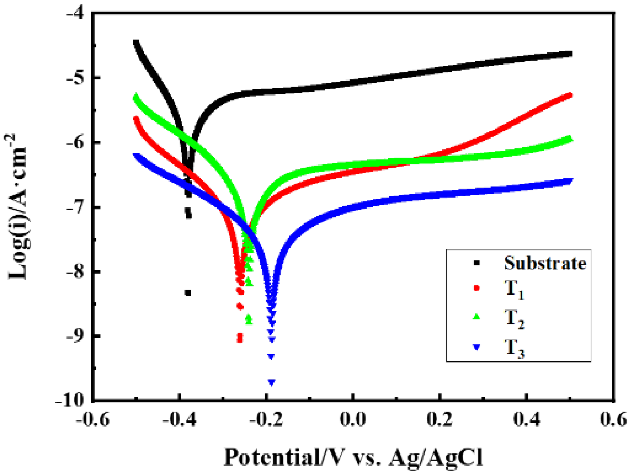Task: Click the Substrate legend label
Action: pyautogui.click(x=545, y=263)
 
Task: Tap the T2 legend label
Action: pyautogui.click(x=514, y=319)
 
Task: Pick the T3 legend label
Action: pyautogui.click(x=514, y=349)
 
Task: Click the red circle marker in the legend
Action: pyautogui.click(x=477, y=288)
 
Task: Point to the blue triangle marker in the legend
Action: pyautogui.click(x=477, y=347)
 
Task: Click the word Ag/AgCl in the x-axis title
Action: pyautogui.click(x=436, y=458)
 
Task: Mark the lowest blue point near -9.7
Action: pyautogui.click(x=272, y=382)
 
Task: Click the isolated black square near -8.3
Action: pyautogui.click(x=188, y=293)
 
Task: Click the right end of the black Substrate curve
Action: pyautogui.click(x=570, y=54)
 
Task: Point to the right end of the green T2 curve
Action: pyautogui.click(x=570, y=139)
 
